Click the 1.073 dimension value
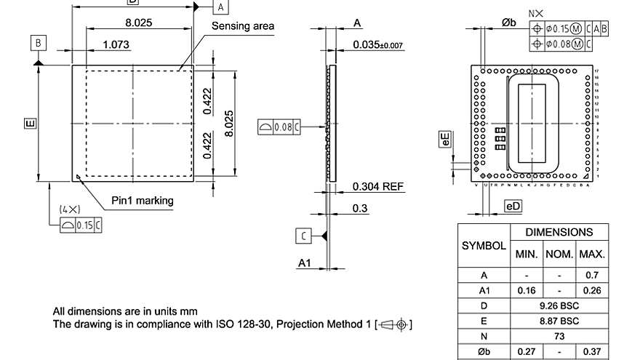point(116,44)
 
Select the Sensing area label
point(243,26)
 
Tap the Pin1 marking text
point(142,200)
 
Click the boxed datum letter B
point(38,43)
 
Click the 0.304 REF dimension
point(377,187)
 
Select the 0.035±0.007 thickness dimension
point(377,45)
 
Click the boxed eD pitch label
point(513,207)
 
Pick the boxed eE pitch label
point(444,140)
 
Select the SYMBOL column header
point(484,246)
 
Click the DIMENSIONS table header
point(559,233)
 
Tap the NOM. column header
point(559,255)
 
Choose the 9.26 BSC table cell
point(559,305)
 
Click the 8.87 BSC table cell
point(559,321)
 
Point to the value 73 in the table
point(559,336)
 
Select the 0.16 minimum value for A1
point(527,290)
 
